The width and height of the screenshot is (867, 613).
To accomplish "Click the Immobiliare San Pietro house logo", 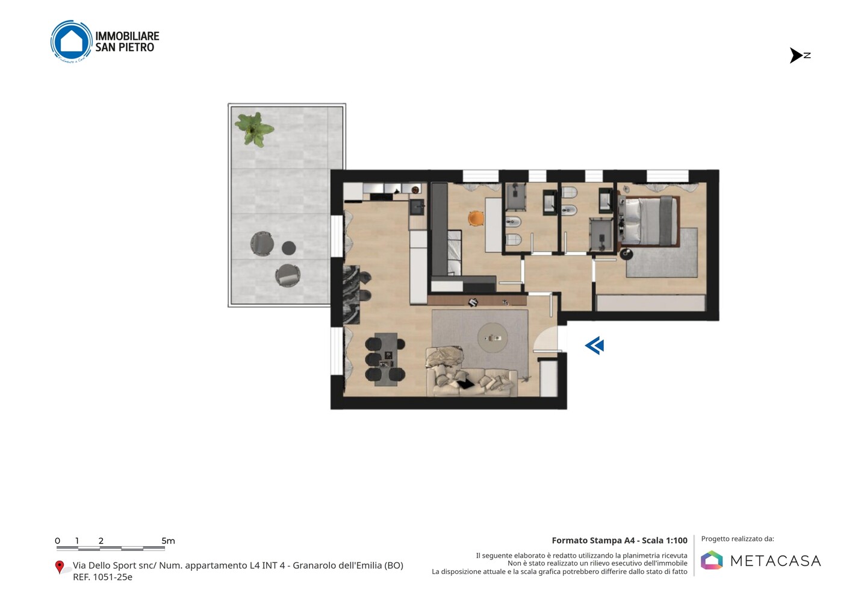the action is point(72,42).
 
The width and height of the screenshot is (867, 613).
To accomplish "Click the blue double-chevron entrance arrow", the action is point(594,345).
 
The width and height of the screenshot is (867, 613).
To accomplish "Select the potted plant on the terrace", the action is point(254,129).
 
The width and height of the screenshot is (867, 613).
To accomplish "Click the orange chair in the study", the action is point(476,218).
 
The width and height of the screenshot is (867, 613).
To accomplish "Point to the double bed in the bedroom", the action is point(649,221).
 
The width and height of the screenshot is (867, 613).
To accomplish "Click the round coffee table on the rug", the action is point(493,338).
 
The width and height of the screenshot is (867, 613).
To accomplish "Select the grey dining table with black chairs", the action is point(385,359).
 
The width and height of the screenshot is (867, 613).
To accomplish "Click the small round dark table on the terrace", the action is point(289,248).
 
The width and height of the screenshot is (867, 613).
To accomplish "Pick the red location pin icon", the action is point(59,567).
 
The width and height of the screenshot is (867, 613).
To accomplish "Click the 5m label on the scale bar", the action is point(169,541).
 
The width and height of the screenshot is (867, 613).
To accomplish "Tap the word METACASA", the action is point(775,561).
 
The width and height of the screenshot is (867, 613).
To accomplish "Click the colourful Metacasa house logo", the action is point(712,560).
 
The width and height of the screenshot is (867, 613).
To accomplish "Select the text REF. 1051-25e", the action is point(102,577).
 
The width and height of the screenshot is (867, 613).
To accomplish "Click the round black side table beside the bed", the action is point(626,254).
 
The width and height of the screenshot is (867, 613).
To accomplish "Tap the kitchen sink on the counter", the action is point(417,207).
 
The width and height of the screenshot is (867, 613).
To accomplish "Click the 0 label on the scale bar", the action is point(58,541).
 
